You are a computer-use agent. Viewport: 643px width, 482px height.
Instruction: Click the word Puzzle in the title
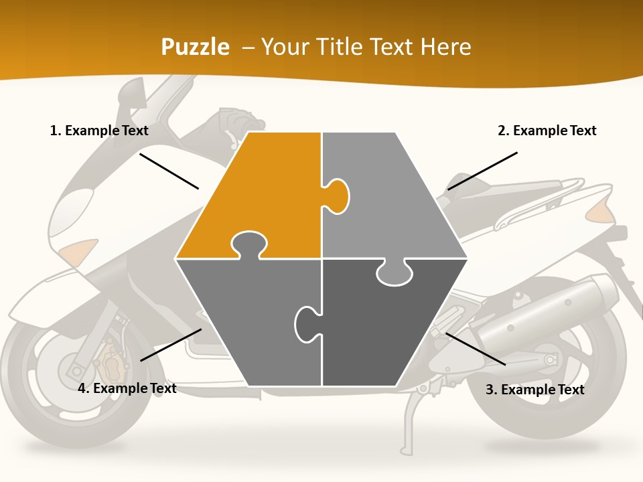pos(195,48)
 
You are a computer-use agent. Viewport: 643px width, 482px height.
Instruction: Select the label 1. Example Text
pos(99,131)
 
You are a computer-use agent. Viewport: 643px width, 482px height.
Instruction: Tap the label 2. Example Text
pos(547,131)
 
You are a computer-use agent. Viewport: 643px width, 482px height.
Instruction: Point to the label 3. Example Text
pos(534,390)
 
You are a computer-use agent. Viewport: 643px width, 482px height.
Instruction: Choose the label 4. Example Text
pos(127,388)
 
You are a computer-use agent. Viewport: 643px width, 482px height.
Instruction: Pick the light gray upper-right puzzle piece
pos(388,194)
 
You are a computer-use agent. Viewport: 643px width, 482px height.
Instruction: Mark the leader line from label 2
pos(482,171)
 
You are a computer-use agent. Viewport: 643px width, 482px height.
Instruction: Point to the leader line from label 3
pos(476,349)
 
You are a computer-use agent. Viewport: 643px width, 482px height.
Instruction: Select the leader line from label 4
pos(171,345)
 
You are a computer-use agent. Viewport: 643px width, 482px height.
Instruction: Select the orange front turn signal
pos(79,252)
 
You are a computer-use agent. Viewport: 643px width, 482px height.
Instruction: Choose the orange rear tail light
pos(601,213)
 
